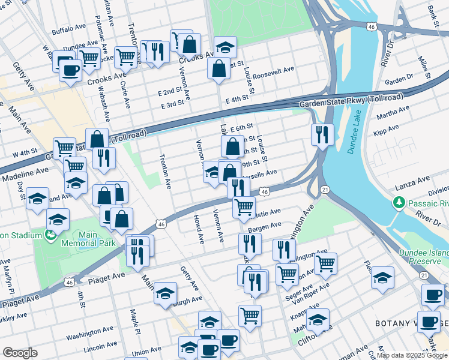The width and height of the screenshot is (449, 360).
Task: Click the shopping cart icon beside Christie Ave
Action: tap(244, 207)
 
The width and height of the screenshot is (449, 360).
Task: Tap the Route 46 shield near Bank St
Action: tap(372, 26)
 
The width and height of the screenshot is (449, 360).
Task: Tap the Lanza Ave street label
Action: tap(414, 179)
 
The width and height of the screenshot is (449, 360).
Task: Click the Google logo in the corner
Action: tap(20, 352)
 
